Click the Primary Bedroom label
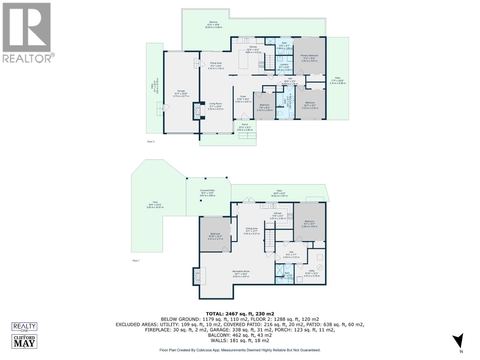click(309, 55)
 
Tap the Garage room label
click(181, 91)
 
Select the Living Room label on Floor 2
click(215, 103)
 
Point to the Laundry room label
click(284, 64)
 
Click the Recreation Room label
click(241, 271)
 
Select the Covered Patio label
click(207, 190)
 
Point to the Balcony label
click(213, 22)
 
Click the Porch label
click(245, 124)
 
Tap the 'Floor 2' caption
click(151, 142)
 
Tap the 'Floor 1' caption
click(136, 261)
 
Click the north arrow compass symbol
click(458, 341)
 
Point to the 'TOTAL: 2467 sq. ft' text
click(240, 314)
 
